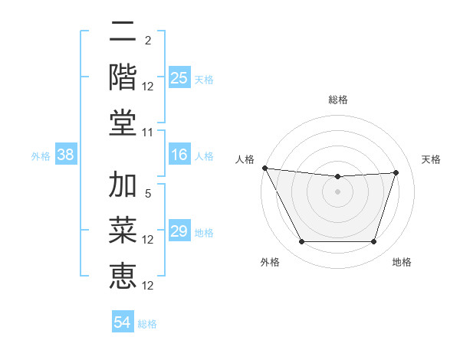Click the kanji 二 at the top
pyautogui.click(x=123, y=33)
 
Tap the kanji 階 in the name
pyautogui.click(x=123, y=77)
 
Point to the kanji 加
pyautogui.click(x=123, y=186)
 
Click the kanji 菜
pyautogui.click(x=123, y=231)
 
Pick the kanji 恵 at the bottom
pyautogui.click(x=123, y=277)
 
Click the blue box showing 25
pyautogui.click(x=179, y=78)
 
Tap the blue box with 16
pyautogui.click(x=179, y=155)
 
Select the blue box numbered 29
pyautogui.click(x=179, y=232)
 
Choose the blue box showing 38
pyautogui.click(x=66, y=155)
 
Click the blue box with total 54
pyautogui.click(x=123, y=323)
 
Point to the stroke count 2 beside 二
pyautogui.click(x=148, y=41)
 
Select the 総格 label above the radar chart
pyautogui.click(x=338, y=100)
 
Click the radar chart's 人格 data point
pyautogui.click(x=265, y=168)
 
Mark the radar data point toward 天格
pyautogui.click(x=396, y=172)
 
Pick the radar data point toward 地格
pyautogui.click(x=373, y=242)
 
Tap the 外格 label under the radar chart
pyautogui.click(x=270, y=262)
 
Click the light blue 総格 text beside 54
pyautogui.click(x=147, y=324)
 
